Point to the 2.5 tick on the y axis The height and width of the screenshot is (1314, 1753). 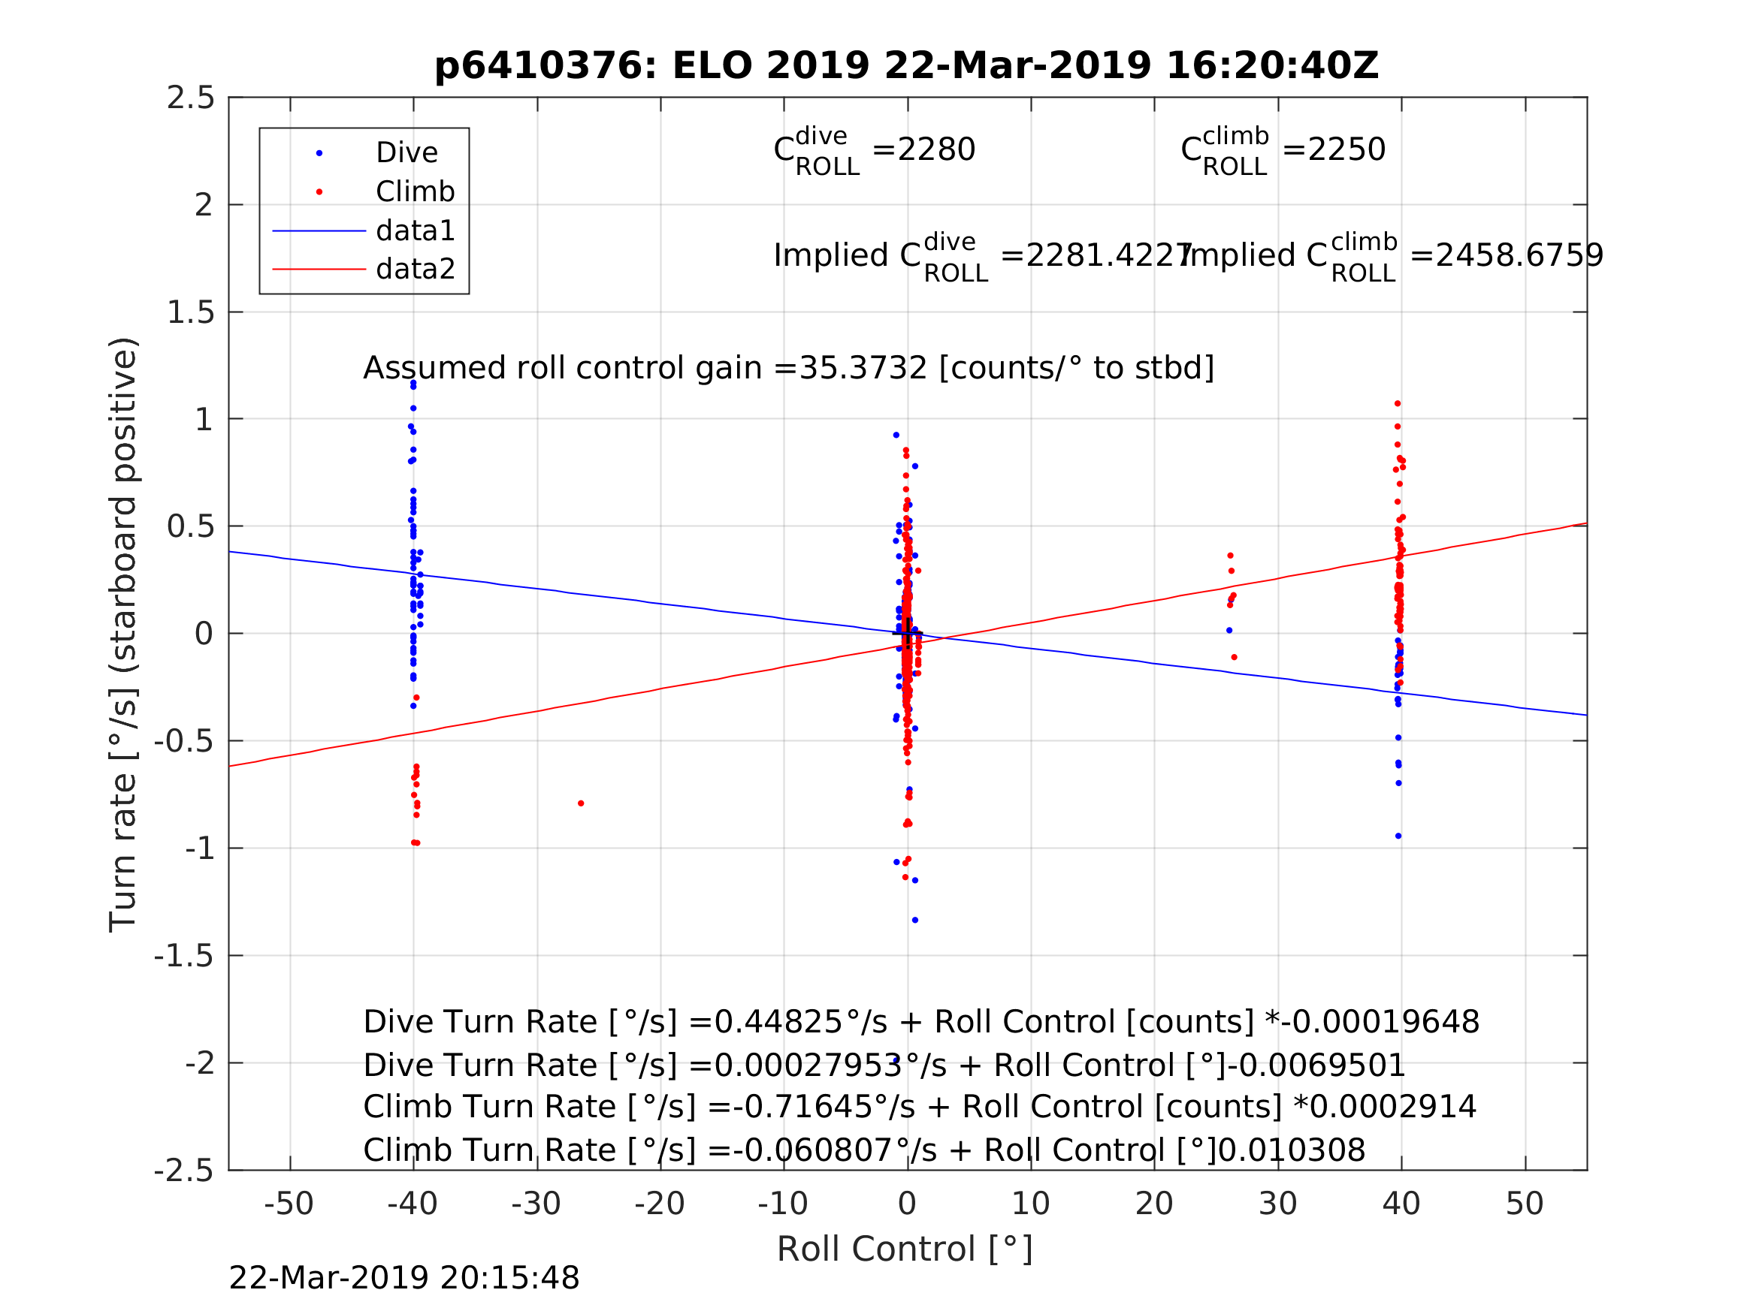pos(191,98)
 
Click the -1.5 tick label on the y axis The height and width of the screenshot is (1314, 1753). pos(184,957)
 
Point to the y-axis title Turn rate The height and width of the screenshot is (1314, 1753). pos(124,634)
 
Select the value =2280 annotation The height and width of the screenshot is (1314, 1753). pos(923,149)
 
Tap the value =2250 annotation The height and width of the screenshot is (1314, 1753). pos(1334,149)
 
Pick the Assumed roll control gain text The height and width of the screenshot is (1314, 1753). pos(787,369)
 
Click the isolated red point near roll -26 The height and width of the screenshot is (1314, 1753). pos(581,804)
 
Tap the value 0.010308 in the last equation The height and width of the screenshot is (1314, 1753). pos(1292,1151)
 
